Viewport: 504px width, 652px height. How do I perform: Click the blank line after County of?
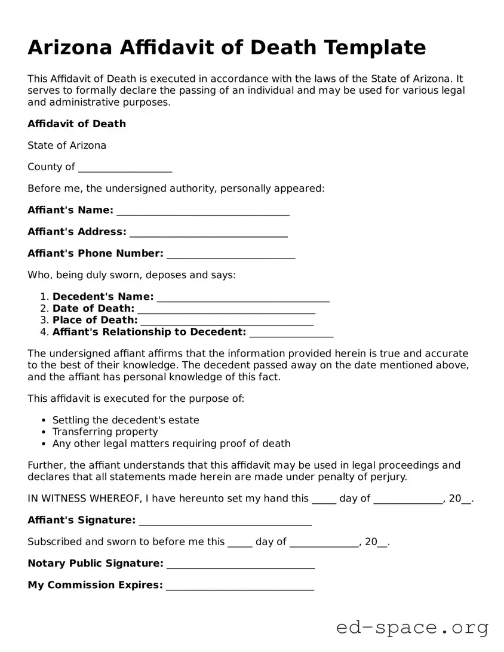tap(125, 168)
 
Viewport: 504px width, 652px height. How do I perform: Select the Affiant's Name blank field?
tap(203, 211)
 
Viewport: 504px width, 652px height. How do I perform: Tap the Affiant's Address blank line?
tap(208, 233)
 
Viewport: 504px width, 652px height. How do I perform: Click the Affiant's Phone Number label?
tap(95, 254)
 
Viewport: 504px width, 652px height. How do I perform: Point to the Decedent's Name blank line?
tap(242, 298)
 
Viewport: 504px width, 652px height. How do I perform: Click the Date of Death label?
tap(93, 309)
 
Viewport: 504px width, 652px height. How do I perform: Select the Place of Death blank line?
tap(227, 322)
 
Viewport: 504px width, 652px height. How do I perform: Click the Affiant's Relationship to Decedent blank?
tap(291, 333)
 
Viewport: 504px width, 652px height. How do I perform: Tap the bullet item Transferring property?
tap(105, 432)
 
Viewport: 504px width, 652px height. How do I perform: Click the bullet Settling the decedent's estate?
tap(125, 420)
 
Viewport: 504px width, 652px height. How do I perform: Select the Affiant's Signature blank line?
tap(225, 522)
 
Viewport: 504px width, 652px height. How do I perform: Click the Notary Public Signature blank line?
tap(241, 565)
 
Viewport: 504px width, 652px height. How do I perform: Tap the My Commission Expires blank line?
tap(240, 586)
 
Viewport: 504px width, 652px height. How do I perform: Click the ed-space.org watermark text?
tap(412, 628)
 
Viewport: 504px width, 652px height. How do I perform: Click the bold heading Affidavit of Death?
tap(76, 124)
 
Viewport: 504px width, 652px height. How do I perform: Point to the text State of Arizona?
tap(67, 146)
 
